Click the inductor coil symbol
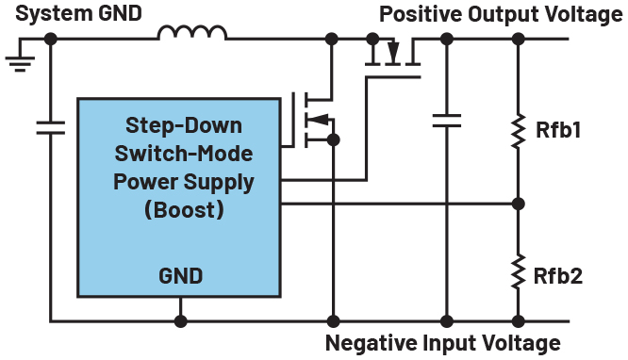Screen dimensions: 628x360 pyautogui.click(x=192, y=32)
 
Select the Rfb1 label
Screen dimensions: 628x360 pyautogui.click(x=558, y=130)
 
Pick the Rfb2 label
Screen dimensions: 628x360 pyautogui.click(x=558, y=276)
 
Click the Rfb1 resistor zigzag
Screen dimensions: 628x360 pyautogui.click(x=519, y=131)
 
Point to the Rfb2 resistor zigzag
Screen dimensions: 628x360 pyautogui.click(x=519, y=271)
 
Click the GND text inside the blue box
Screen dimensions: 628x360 pyautogui.click(x=181, y=276)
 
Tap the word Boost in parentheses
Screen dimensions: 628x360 pyautogui.click(x=184, y=210)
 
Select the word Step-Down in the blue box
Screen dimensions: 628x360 pyautogui.click(x=184, y=125)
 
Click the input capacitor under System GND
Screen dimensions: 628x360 pyautogui.click(x=51, y=127)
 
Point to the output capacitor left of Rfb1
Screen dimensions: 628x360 pyautogui.click(x=447, y=121)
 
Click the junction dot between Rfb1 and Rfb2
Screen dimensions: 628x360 pyautogui.click(x=519, y=204)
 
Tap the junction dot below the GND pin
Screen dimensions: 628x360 pyautogui.click(x=181, y=321)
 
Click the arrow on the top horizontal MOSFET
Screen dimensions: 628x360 pyautogui.click(x=393, y=51)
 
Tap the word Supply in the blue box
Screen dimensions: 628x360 pyautogui.click(x=219, y=183)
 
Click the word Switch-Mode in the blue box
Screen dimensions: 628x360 pyautogui.click(x=184, y=154)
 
